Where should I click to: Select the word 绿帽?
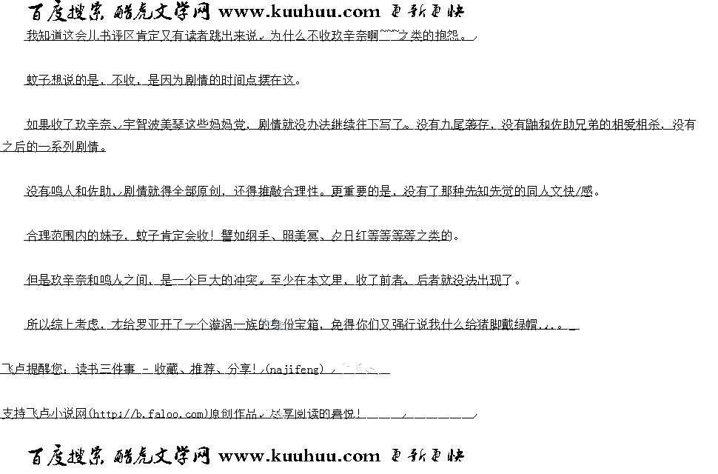(x=524, y=324)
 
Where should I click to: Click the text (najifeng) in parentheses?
(x=295, y=369)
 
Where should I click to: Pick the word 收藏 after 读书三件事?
(x=166, y=369)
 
